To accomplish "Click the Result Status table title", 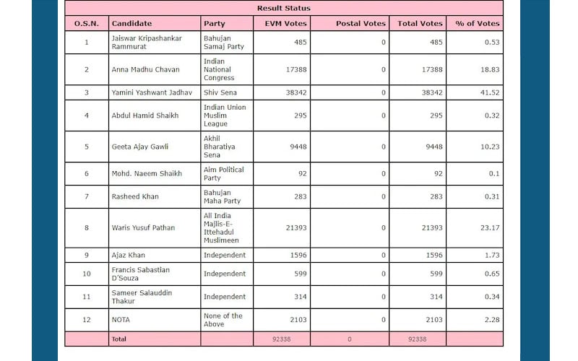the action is coord(283,8).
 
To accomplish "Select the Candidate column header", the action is coord(131,24).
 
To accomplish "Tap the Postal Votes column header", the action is coord(361,24).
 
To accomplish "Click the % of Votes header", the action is coord(478,24).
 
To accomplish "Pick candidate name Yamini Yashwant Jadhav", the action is coord(152,92).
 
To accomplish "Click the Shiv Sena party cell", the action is coord(220,92).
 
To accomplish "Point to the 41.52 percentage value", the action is coord(490,92).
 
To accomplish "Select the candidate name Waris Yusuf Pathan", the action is coord(143,227).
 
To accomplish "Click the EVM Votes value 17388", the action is coord(296,69).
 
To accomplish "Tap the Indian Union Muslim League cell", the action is coord(225,116).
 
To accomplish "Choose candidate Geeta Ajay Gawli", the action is coord(139,147).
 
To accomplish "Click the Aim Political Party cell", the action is coord(224,173).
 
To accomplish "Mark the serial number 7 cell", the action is coord(87,196).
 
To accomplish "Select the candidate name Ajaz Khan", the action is coord(129,255).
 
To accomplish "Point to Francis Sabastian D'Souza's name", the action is coord(141,274).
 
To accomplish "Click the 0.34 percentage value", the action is coord(492,297).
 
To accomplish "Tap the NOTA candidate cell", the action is coord(121,320).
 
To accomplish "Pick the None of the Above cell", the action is coord(223,320).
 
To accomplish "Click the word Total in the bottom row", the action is coord(118,339).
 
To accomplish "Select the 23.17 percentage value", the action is coord(490,227).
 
